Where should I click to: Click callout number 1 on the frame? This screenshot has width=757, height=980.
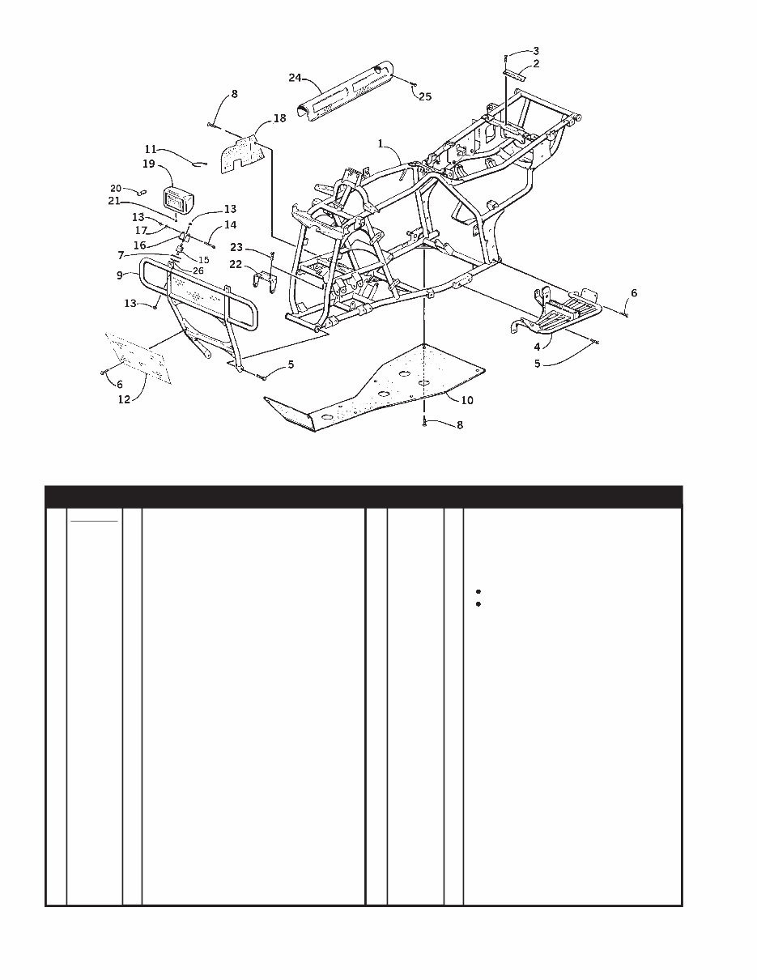380,143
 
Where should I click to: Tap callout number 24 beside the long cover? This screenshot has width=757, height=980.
295,77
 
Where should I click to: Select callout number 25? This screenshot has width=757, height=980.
424,96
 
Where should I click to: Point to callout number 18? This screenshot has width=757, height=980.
279,118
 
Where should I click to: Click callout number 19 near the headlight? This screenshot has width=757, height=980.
149,164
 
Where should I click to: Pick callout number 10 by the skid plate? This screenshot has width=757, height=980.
467,400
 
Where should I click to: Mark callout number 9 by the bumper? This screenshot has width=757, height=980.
121,275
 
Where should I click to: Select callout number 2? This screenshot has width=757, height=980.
536,63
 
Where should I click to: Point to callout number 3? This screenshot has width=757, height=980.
535,51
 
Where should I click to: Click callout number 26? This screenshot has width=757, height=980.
198,271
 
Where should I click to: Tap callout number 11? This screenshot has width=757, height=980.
151,150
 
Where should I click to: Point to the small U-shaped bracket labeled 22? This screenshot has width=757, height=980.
265,284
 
